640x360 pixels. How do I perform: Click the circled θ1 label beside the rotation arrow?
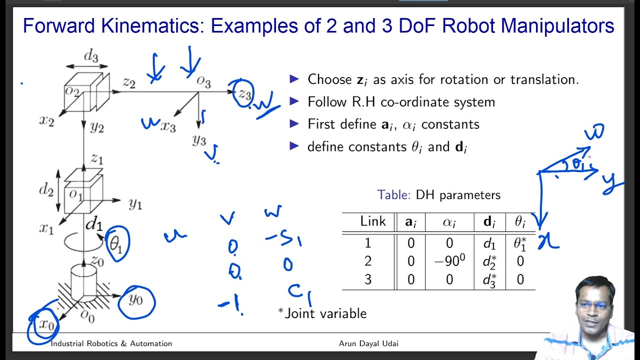[116, 243]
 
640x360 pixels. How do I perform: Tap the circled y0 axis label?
[135, 300]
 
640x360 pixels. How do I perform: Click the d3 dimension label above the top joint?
[91, 56]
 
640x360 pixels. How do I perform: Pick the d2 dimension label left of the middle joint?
[46, 190]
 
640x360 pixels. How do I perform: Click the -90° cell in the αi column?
[449, 261]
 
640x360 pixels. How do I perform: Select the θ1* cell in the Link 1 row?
[520, 243]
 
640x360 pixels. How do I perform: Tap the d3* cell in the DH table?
[489, 279]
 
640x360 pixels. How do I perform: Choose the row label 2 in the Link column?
[368, 261]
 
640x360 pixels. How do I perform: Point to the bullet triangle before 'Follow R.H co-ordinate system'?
[294, 101]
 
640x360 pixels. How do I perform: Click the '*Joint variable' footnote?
[322, 313]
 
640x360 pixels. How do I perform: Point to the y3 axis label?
[199, 140]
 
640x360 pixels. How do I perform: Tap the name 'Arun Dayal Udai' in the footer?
[368, 343]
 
